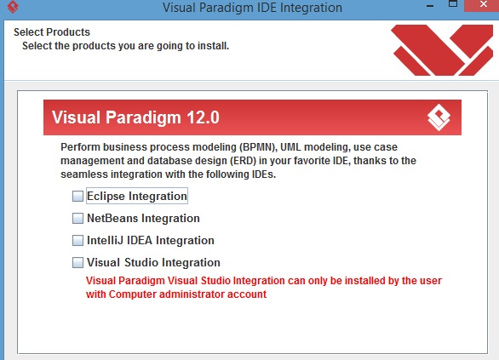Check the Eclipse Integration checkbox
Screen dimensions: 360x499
78,196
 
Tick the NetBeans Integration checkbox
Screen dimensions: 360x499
78,218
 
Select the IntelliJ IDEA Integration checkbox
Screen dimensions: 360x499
78,240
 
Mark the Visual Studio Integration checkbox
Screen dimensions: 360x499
78,262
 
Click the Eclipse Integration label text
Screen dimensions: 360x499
136,196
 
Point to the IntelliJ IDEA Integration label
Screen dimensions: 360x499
150,240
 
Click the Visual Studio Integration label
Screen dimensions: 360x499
153,262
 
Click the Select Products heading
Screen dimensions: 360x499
52,32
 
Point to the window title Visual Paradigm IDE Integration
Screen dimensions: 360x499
251,9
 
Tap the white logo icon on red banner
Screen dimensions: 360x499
439,117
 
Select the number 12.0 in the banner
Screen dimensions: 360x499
208,117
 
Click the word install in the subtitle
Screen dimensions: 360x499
213,45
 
